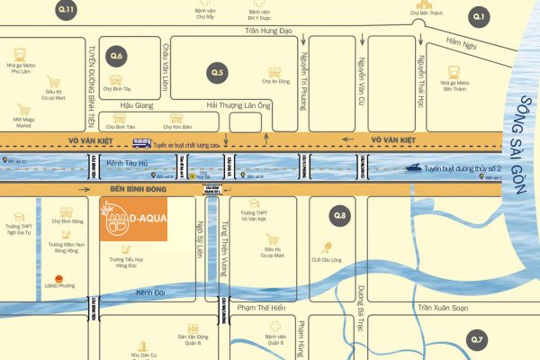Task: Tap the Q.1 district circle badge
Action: click(479, 16)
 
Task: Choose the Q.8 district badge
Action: click(339, 215)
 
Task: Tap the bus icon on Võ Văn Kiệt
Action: click(141, 142)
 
